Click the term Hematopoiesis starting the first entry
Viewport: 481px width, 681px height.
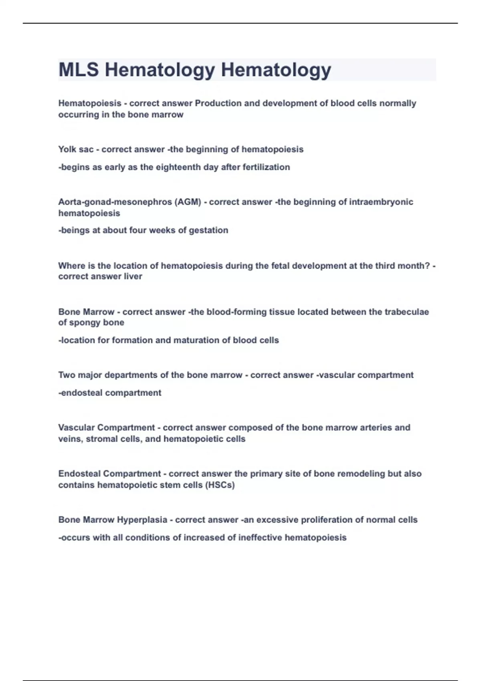(x=90, y=103)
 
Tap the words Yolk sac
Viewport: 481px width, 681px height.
(x=76, y=149)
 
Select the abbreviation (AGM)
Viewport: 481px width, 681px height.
(x=188, y=202)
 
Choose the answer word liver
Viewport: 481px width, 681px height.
(x=133, y=276)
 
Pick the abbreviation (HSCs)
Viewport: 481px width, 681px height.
(x=220, y=485)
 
